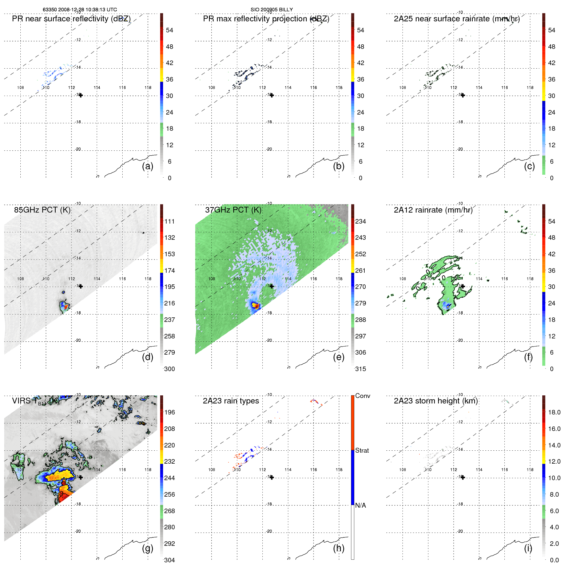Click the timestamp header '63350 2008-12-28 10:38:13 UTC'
point(80,10)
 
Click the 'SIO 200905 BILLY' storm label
point(271,10)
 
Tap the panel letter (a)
point(148,166)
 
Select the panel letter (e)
point(338,357)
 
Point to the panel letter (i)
point(528,548)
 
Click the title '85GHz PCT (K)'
point(42,210)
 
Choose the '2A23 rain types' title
point(231,401)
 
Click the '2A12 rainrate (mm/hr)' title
point(433,210)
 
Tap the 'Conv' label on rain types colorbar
point(362,396)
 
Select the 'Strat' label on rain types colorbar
point(362,450)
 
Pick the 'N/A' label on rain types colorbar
point(360,505)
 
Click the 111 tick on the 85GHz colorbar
point(170,221)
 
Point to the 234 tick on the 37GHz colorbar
point(360,221)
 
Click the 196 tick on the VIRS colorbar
point(170,412)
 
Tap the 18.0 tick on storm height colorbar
point(554,412)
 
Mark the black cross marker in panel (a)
point(81,95)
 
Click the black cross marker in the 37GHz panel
point(272,286)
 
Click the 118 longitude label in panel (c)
point(530,88)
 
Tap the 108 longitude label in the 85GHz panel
point(20,279)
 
